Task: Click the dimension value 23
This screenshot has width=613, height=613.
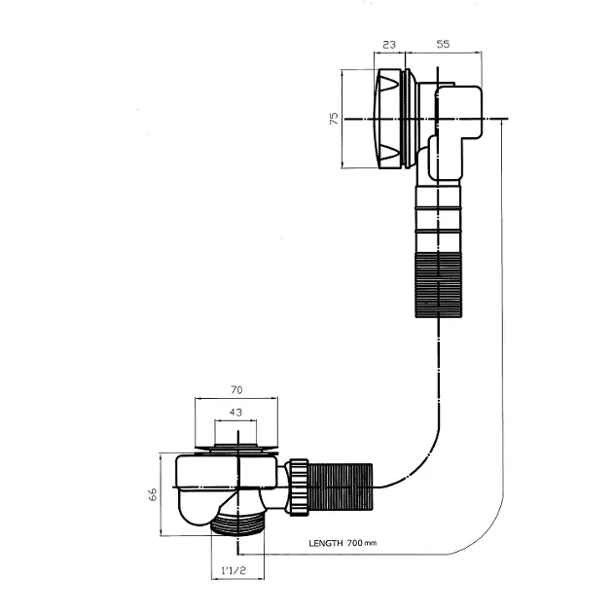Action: pyautogui.click(x=389, y=45)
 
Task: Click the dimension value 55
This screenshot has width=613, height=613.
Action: pyautogui.click(x=443, y=44)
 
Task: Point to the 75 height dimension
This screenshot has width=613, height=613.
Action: pyautogui.click(x=334, y=118)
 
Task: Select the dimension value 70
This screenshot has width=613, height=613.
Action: pyautogui.click(x=236, y=390)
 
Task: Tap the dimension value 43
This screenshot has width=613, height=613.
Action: pyautogui.click(x=235, y=412)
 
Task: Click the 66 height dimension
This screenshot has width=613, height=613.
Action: pyautogui.click(x=153, y=494)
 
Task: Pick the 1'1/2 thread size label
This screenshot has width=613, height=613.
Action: pyautogui.click(x=234, y=570)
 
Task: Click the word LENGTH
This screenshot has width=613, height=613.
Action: pyautogui.click(x=326, y=543)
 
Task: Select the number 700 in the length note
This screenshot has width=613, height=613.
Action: pyautogui.click(x=354, y=543)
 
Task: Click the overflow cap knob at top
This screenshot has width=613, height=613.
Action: pyautogui.click(x=388, y=119)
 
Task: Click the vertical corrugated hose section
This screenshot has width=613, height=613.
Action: pyautogui.click(x=438, y=284)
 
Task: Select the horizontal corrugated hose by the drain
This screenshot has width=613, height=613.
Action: pyautogui.click(x=341, y=487)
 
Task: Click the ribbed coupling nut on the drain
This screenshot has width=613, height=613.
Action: pyautogui.click(x=299, y=487)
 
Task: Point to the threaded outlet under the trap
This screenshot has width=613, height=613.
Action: pyautogui.click(x=237, y=523)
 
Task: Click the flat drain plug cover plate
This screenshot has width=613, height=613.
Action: pyautogui.click(x=236, y=451)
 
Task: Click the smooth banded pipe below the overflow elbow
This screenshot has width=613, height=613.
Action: pyautogui.click(x=438, y=219)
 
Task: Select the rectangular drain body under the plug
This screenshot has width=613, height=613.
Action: pyautogui.click(x=227, y=471)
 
